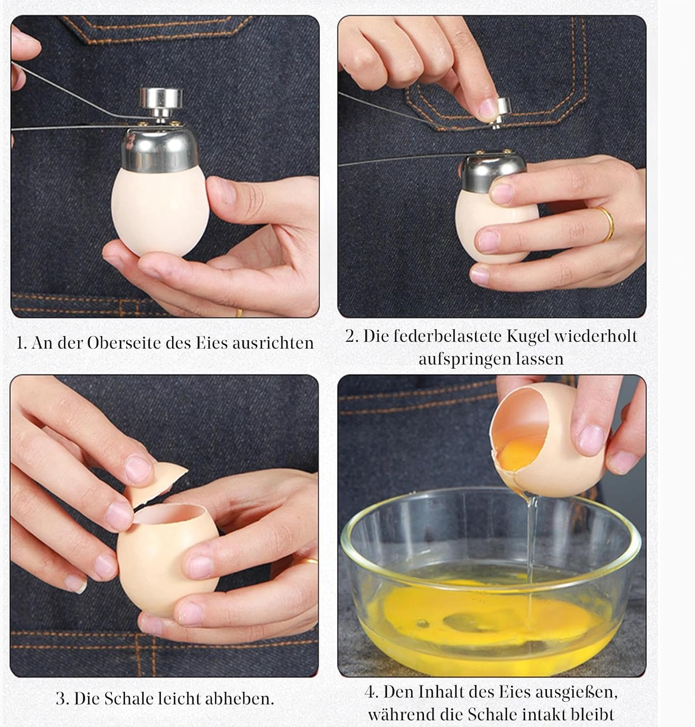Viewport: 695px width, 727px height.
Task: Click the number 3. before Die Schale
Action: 62,698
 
